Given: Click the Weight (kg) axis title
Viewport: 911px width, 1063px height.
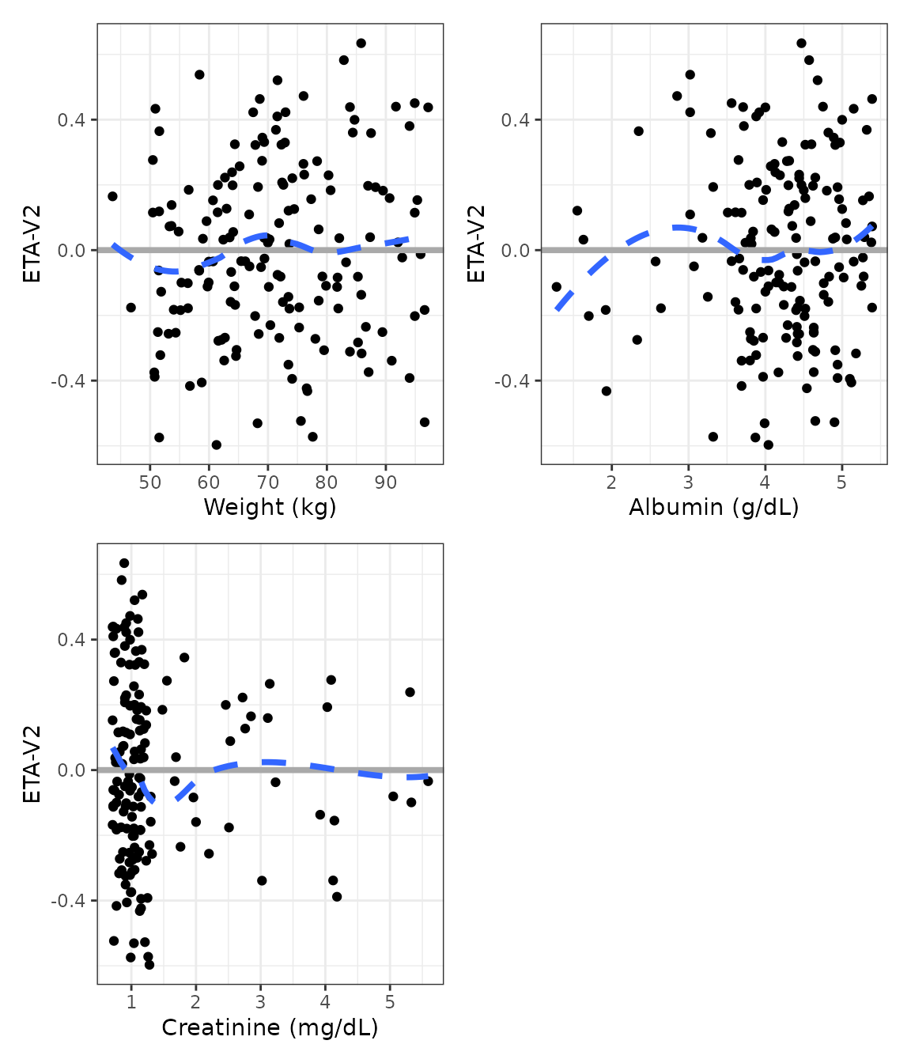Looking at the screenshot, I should (x=270, y=507).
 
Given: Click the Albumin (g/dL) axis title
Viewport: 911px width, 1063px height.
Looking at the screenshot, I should (x=713, y=507).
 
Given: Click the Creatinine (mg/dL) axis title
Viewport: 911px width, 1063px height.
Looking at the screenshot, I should (x=270, y=1027).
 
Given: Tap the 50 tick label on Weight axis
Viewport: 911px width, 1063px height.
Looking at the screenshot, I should (x=149, y=482).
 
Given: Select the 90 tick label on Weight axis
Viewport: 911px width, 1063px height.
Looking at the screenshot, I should (x=386, y=482).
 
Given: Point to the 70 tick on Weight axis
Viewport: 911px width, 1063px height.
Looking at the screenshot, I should (x=268, y=482).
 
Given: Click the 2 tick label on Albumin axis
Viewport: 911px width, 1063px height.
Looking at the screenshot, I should (x=611, y=482).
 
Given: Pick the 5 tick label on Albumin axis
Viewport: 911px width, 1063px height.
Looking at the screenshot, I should (x=841, y=482).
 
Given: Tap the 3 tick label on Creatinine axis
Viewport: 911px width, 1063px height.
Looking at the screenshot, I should (x=260, y=1002).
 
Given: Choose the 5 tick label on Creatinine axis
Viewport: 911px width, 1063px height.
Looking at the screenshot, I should (x=390, y=1002).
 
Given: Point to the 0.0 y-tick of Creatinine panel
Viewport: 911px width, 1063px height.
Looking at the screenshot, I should (x=72, y=770).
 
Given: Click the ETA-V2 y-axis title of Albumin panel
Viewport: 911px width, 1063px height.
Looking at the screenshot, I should (x=476, y=244).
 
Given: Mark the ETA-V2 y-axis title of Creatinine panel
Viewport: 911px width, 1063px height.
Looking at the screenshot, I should (x=32, y=764).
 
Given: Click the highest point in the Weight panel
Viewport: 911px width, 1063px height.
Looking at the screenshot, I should (x=361, y=44).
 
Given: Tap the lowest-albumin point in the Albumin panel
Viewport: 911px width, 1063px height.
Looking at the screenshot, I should (x=557, y=287).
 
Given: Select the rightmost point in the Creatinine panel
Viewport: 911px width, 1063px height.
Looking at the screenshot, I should (x=428, y=781).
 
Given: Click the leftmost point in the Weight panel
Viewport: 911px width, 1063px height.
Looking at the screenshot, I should (x=112, y=196).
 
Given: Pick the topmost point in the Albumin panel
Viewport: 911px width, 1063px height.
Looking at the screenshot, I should (x=801, y=44).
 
